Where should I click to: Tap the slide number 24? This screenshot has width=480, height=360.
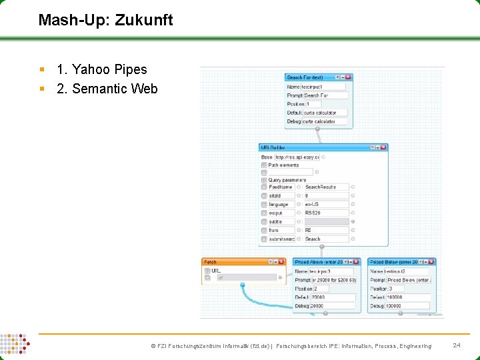point(457,345)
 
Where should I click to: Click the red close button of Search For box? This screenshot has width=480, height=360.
point(348,77)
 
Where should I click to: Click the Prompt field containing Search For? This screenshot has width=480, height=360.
point(325,95)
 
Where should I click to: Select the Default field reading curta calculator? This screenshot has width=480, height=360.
point(325,113)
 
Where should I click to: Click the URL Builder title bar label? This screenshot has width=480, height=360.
point(273,147)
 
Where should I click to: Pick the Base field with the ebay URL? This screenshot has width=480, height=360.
point(297,157)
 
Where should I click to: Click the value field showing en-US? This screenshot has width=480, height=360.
point(326,204)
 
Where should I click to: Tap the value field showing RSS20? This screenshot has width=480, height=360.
point(326,213)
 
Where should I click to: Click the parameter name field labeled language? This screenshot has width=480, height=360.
point(281,204)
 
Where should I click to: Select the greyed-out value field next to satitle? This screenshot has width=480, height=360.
point(326,221)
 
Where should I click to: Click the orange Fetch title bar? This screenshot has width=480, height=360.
point(233,262)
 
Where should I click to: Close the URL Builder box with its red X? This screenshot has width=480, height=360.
point(383,147)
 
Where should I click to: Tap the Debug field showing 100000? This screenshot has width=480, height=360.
point(407,306)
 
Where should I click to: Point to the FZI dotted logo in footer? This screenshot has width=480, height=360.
point(14,345)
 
